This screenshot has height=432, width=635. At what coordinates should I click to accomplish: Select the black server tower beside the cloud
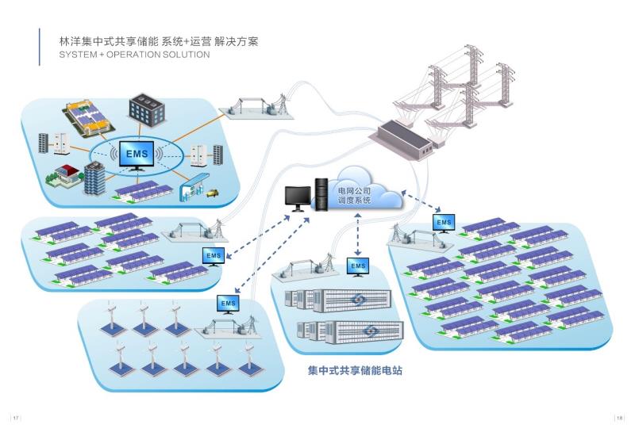click(321, 193)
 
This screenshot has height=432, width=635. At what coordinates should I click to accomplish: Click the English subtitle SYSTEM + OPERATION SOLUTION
click(134, 55)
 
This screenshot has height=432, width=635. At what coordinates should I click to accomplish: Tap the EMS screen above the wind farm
click(228, 304)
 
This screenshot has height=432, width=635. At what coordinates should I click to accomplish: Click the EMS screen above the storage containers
click(359, 265)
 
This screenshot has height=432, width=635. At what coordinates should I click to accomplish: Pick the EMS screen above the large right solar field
click(444, 224)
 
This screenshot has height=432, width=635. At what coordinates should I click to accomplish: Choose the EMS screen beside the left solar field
click(214, 256)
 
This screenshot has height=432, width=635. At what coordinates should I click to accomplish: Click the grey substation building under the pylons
click(404, 140)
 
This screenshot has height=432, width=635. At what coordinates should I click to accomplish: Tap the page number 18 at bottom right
click(620, 419)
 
